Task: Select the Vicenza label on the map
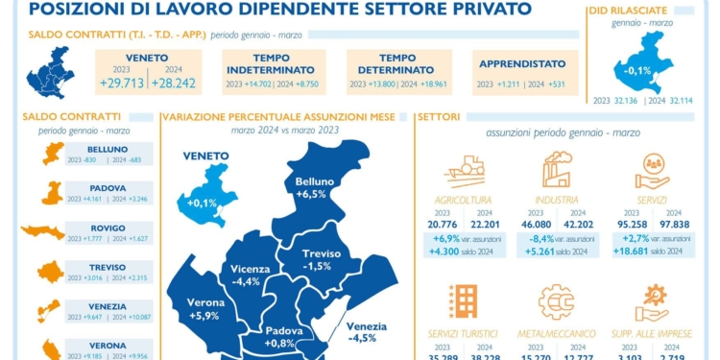pos(251,269)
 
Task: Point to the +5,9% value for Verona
pos(205,315)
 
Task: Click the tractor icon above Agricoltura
pos(465,171)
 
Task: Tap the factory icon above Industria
pos(557,169)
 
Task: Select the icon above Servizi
pos(652,170)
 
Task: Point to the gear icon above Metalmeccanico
pos(557,301)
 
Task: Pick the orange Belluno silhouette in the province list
pos(53,153)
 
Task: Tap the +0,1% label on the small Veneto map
pos(202,203)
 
